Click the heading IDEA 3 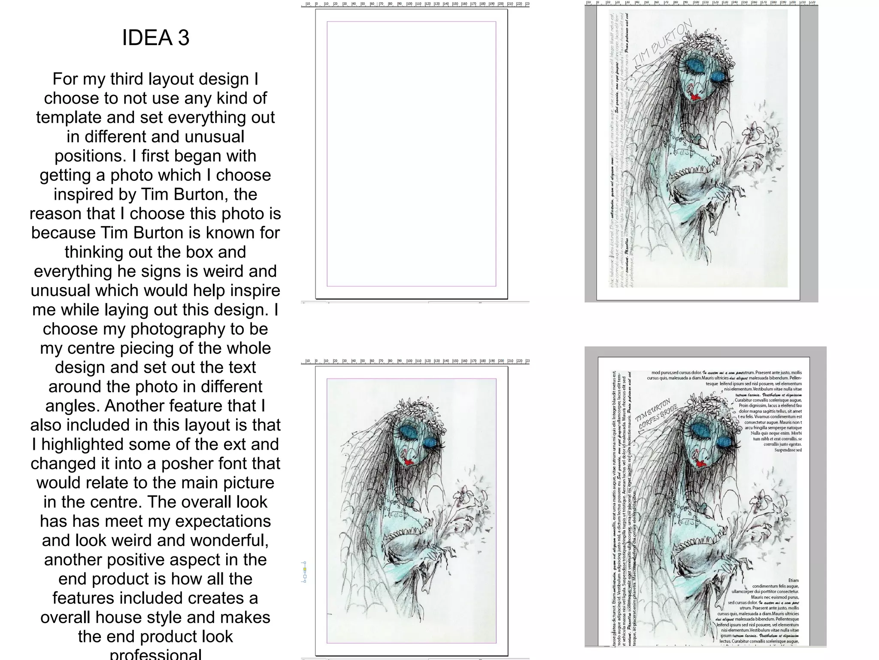155,38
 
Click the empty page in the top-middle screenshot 411,153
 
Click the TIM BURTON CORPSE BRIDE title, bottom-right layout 656,414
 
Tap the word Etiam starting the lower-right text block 793,580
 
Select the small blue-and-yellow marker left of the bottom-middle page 305,570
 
